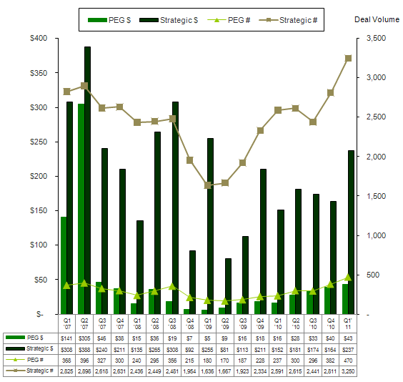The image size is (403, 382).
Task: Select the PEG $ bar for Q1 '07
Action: click(x=64, y=265)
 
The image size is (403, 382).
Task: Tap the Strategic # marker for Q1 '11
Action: click(x=348, y=58)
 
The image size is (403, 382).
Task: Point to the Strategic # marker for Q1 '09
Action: click(x=208, y=185)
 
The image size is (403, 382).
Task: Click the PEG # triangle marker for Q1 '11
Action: click(x=348, y=277)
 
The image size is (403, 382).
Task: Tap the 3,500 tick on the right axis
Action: click(x=376, y=38)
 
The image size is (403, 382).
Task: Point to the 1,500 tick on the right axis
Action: click(x=376, y=196)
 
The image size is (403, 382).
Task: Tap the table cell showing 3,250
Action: click(x=347, y=371)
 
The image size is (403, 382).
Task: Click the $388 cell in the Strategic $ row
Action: click(x=84, y=348)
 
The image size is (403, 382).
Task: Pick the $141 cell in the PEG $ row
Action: click(x=66, y=337)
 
